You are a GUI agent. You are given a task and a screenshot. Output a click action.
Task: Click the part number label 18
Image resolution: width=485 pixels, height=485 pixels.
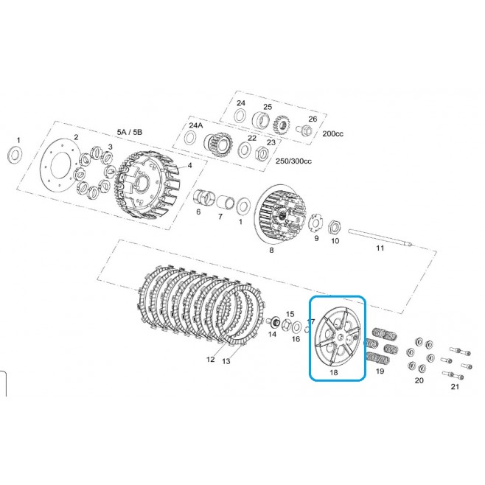tap(334, 372)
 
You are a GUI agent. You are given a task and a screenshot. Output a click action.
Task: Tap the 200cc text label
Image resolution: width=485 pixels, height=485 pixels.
tap(333, 134)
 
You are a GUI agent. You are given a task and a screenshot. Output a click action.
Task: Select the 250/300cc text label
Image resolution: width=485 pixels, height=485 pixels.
tap(293, 161)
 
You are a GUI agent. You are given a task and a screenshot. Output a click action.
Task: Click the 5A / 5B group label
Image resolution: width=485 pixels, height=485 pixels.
tap(130, 132)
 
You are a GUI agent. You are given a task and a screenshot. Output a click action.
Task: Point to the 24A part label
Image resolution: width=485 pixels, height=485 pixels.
tap(196, 125)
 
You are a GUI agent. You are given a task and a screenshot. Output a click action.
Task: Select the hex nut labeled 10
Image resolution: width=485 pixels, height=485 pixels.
tap(335, 227)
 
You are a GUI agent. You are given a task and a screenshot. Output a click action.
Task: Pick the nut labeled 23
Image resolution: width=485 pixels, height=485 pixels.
tap(261, 153)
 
